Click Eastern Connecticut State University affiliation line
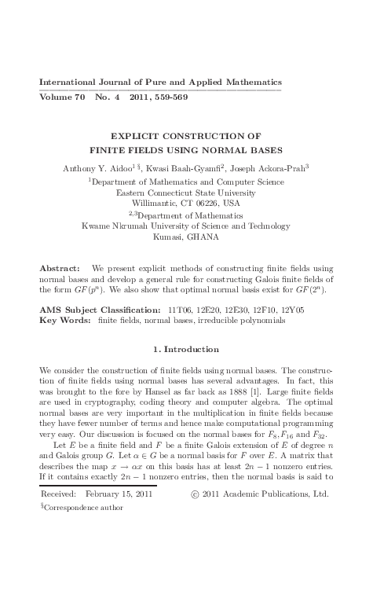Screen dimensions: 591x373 coord(186,191)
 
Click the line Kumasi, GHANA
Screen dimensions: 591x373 coord(186,236)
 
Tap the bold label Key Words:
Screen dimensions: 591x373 coord(64,321)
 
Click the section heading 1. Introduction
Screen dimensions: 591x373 coord(186,349)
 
